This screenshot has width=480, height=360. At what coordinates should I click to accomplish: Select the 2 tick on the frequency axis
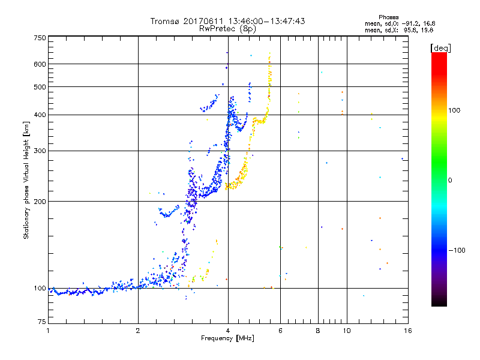tap(138, 331)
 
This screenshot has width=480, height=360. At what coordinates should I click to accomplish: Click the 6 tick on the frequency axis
tap(281, 331)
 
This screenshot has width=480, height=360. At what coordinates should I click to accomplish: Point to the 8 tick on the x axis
tap(318, 331)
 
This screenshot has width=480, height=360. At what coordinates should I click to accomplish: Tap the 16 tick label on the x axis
tap(407, 331)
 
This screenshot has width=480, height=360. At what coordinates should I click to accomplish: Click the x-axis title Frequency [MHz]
tap(228, 339)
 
